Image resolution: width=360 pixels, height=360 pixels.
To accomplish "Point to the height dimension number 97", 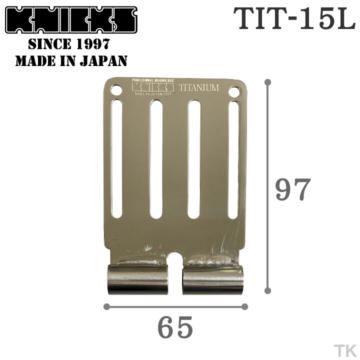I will [x=293, y=189].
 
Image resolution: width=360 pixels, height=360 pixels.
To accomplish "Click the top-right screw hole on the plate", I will [x=234, y=92].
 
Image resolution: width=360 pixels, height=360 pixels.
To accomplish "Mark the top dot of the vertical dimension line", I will [x=268, y=81].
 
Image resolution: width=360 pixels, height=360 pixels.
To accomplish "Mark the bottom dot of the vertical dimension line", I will [x=268, y=290].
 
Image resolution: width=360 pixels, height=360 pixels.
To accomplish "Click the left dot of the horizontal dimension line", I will [x=106, y=306].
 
